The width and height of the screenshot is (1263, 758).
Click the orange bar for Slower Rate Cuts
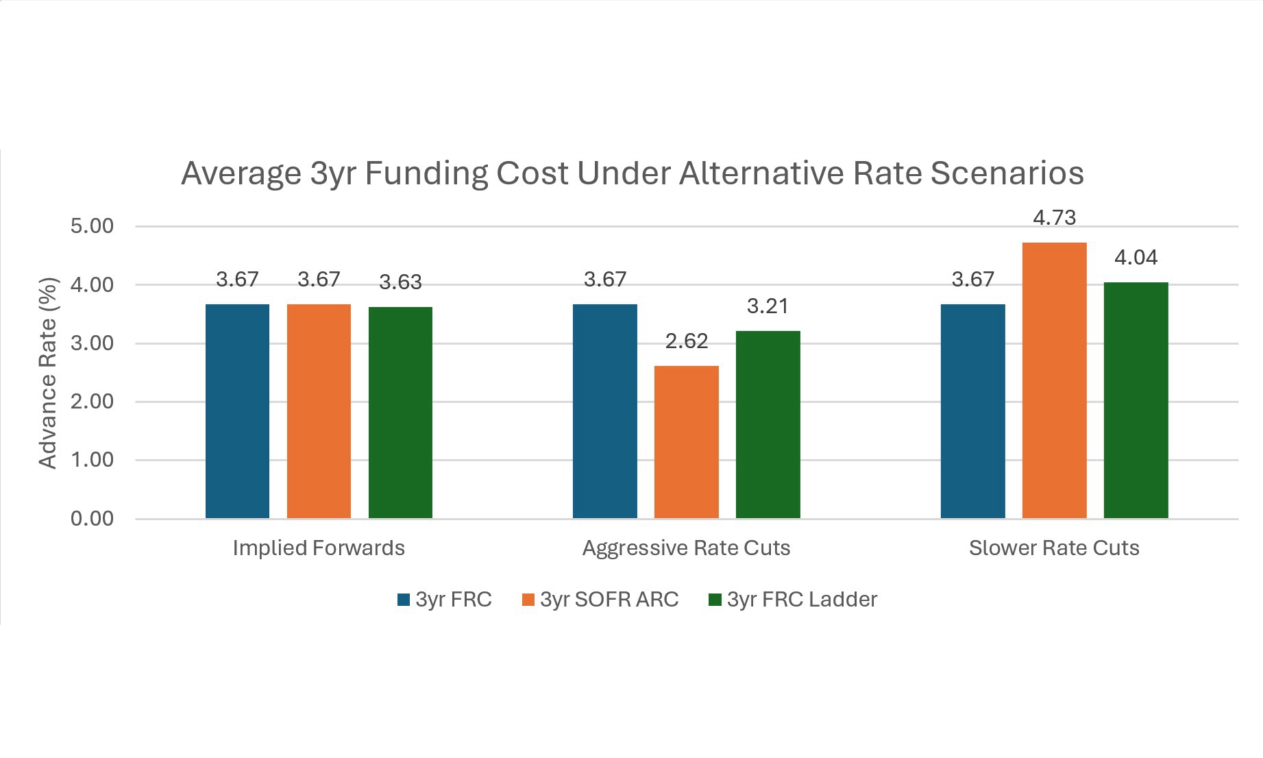tap(1054, 380)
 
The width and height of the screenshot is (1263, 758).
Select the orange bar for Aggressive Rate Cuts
tap(686, 442)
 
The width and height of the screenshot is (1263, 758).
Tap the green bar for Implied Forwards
tap(400, 413)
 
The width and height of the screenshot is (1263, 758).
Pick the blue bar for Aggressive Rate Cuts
tap(604, 411)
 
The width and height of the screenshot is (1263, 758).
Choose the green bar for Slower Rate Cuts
tap(1136, 400)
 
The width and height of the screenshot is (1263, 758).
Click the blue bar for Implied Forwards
tap(237, 411)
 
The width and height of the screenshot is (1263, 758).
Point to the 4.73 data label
tap(1054, 218)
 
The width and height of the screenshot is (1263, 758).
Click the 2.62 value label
tap(686, 341)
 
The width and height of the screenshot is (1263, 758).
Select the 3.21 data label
tap(768, 306)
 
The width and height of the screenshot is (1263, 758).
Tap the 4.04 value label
tap(1136, 258)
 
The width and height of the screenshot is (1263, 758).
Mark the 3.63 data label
tap(400, 282)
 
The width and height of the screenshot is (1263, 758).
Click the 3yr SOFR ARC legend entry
tap(600, 600)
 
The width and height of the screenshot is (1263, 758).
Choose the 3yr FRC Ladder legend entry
tap(793, 600)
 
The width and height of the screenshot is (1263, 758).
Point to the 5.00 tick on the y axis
tap(92, 226)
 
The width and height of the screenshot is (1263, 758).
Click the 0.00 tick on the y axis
tap(92, 519)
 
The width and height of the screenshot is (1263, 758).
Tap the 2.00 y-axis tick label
tap(92, 402)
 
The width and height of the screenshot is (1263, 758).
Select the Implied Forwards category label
tap(319, 548)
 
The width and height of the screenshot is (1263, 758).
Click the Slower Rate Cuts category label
tap(1054, 548)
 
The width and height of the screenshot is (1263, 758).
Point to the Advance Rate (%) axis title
tap(47, 373)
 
